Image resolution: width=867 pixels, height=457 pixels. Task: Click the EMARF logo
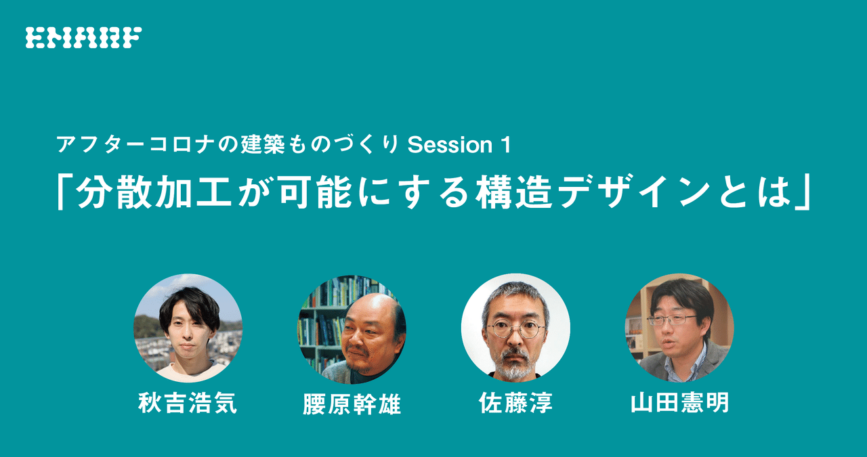(x=83, y=37)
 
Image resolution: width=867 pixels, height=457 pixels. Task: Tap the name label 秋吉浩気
(x=188, y=404)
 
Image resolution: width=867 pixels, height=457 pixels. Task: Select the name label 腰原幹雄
(x=352, y=404)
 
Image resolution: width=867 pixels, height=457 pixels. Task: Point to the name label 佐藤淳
(x=515, y=404)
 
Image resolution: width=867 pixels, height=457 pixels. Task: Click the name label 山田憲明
(x=679, y=404)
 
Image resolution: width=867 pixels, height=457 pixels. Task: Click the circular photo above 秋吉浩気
(x=188, y=328)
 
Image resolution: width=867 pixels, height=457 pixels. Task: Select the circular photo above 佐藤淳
(x=515, y=328)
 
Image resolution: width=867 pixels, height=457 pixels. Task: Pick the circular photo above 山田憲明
(x=679, y=328)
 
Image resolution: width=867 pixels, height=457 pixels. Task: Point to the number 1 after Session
(x=504, y=145)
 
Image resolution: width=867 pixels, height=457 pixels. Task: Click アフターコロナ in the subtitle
(x=132, y=145)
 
